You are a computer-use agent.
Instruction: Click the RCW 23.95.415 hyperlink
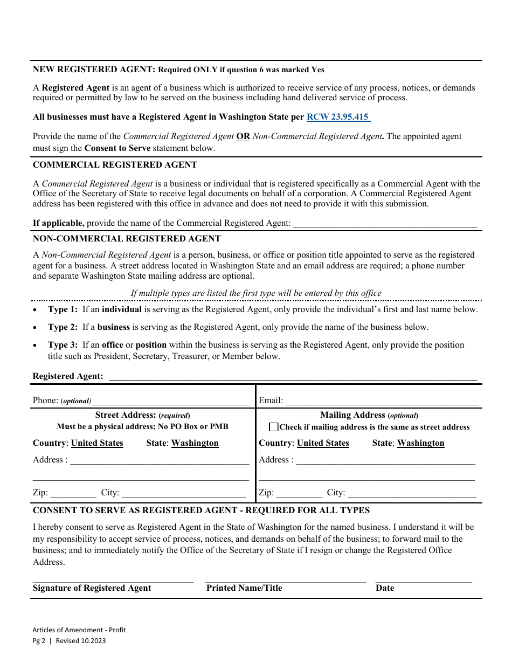tap(338, 117)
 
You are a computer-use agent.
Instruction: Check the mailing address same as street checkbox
tap(274, 427)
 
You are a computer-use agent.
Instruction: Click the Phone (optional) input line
tap(171, 401)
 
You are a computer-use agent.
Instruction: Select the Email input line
tap(382, 401)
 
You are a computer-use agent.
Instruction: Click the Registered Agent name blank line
tap(293, 377)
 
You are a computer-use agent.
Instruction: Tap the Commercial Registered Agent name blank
tap(385, 224)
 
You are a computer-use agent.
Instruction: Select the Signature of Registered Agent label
tap(92, 588)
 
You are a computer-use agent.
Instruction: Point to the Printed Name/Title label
tap(244, 588)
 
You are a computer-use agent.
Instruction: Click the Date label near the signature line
tap(385, 588)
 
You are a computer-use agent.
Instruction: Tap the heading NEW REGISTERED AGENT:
tap(94, 70)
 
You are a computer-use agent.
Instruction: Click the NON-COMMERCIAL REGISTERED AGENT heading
tap(127, 239)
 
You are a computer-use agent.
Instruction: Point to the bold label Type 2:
tap(63, 327)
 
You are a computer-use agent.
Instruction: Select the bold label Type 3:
tap(63, 345)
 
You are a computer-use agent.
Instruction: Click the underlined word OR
tap(243, 136)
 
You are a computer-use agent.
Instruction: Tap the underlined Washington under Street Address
tap(195, 443)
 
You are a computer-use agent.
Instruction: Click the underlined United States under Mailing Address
tap(323, 443)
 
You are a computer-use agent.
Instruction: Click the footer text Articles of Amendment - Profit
tap(79, 630)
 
